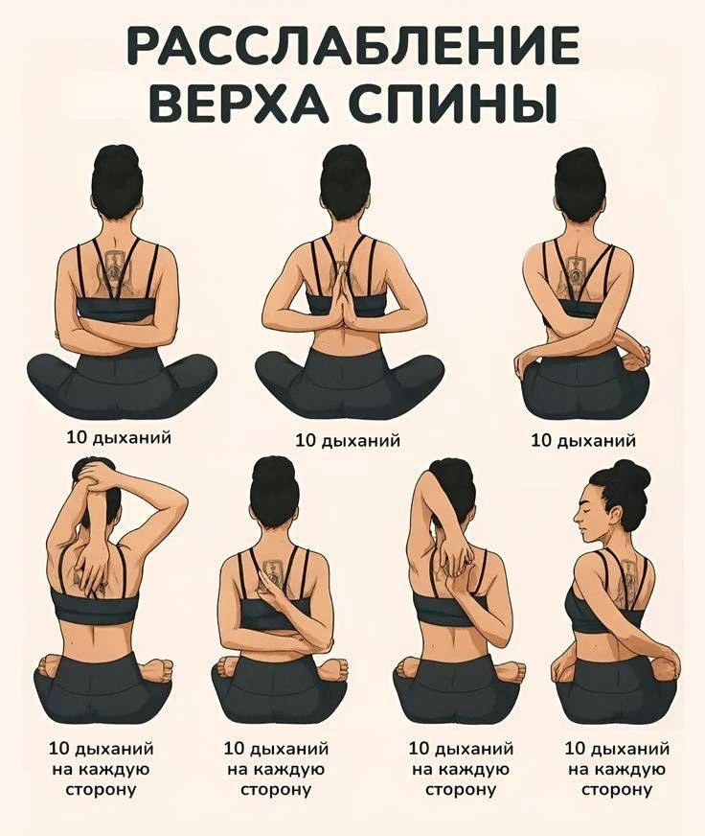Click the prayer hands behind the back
(348, 292)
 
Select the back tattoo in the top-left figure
(115, 273)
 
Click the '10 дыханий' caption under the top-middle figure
(348, 440)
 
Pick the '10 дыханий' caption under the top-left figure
(119, 437)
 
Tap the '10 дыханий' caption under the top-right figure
(583, 440)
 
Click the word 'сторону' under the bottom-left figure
(101, 789)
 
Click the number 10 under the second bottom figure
(234, 749)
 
